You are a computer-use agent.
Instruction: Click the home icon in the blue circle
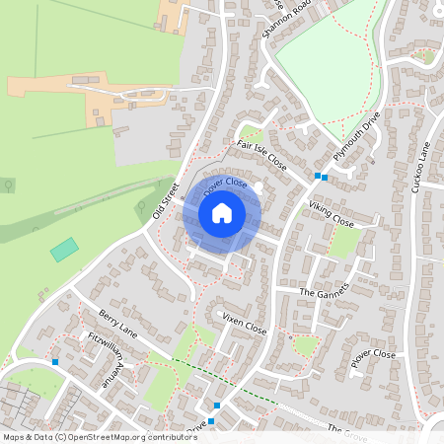[x=221, y=213]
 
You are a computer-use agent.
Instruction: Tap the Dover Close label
[x=225, y=185]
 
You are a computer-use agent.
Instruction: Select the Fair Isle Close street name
[x=261, y=156]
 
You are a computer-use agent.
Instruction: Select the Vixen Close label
[x=245, y=322]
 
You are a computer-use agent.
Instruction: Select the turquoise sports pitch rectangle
[x=65, y=249]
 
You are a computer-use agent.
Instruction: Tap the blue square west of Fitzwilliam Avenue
[x=55, y=362]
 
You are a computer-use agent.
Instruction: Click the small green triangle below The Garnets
[x=307, y=345]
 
